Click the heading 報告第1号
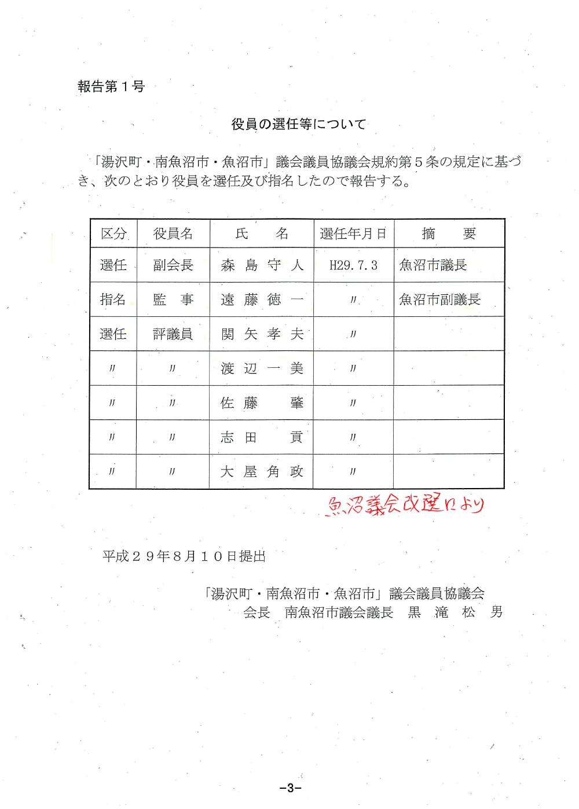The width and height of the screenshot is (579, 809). point(111,87)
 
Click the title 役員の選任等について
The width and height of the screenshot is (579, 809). point(298,124)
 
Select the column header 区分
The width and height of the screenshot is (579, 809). point(113,234)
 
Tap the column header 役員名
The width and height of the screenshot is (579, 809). point(173,234)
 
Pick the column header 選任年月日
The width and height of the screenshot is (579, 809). point(353,234)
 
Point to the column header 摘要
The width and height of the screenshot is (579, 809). point(449,234)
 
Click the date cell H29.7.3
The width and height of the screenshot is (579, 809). point(353,265)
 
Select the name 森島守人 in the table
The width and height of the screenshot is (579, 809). point(262,265)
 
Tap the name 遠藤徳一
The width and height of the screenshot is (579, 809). point(262,300)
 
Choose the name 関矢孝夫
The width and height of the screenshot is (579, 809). point(262,334)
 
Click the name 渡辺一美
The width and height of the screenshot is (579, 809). point(262,368)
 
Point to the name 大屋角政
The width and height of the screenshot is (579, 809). point(262,472)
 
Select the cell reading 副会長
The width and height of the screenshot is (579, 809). point(173,265)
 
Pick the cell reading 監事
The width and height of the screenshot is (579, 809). point(173,300)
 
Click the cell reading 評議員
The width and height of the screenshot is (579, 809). point(173,334)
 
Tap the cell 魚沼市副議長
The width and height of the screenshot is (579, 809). point(440,300)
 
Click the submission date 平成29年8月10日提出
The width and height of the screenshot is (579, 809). point(184,556)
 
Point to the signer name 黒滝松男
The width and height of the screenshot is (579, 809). point(455,612)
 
